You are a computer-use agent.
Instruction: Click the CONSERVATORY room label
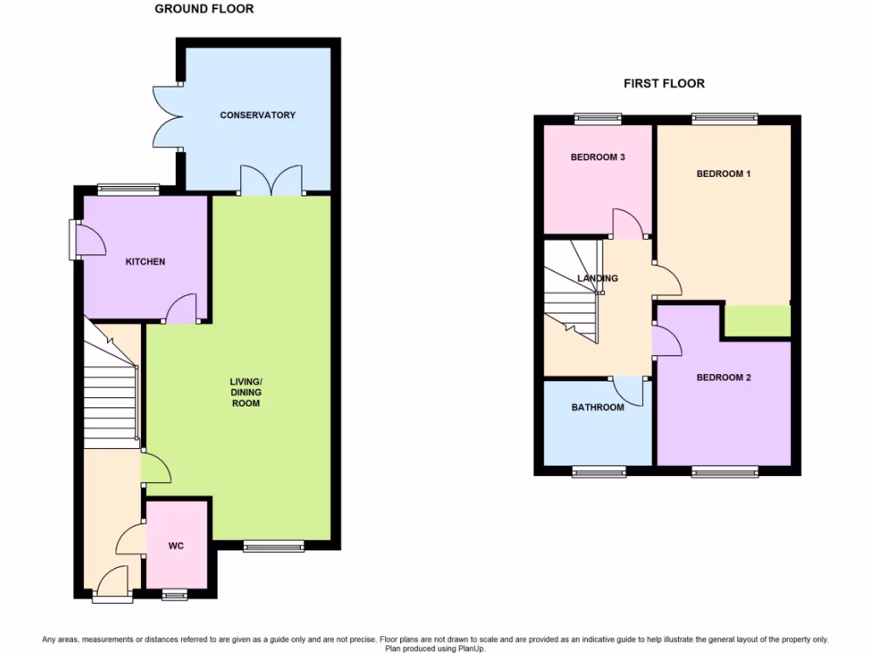click(x=257, y=115)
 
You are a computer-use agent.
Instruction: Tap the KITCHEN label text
click(x=145, y=262)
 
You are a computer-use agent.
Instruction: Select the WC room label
click(x=177, y=546)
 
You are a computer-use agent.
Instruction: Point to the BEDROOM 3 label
click(x=598, y=157)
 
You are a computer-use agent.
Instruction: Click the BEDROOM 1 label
click(x=724, y=173)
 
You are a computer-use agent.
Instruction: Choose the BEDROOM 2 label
click(x=724, y=378)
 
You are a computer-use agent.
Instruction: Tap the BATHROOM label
click(x=597, y=407)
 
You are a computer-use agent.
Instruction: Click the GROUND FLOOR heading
click(x=204, y=9)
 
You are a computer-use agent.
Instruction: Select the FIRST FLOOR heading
click(x=664, y=83)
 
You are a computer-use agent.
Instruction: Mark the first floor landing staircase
click(x=573, y=289)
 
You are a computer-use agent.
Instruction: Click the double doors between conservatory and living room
click(x=271, y=181)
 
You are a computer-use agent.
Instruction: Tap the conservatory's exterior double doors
click(x=166, y=115)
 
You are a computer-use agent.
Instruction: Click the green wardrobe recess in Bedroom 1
click(x=756, y=322)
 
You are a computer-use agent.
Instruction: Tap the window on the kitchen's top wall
click(x=128, y=188)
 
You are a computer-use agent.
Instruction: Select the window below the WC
click(x=176, y=594)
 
